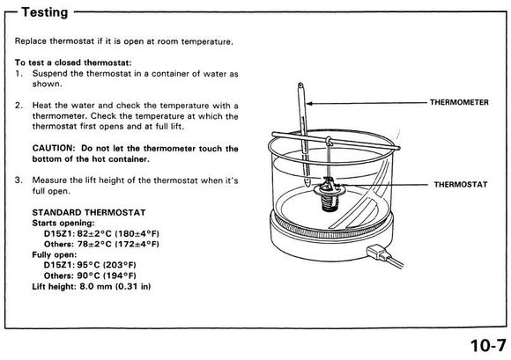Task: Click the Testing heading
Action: coord(45,12)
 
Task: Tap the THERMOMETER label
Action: coord(459,102)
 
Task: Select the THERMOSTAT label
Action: coord(461,185)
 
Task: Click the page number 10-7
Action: coord(488,345)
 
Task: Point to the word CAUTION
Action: coord(54,148)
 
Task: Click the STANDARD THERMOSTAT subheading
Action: coord(89,212)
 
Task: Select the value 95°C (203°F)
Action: coord(107,265)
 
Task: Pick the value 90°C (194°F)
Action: coord(107,276)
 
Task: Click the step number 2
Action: coord(19,106)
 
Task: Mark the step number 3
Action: coord(19,180)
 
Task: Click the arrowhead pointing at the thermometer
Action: coord(309,104)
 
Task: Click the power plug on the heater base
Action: coord(377,253)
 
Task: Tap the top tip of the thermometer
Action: coord(300,84)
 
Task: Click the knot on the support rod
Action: coord(330,141)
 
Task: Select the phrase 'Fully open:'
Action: coord(55,254)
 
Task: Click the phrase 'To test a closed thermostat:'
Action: coord(73,62)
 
